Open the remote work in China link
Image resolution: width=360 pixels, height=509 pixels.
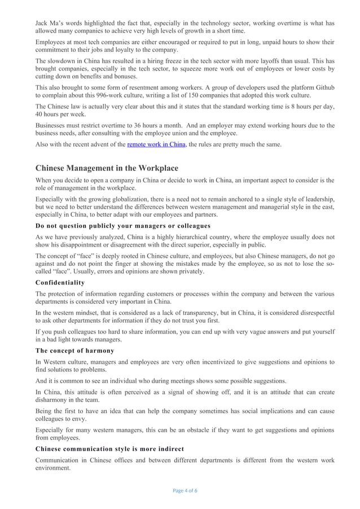[156, 144]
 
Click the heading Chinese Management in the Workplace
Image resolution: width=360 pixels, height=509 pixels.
[107, 168]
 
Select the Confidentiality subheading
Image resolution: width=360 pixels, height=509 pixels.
[60, 282]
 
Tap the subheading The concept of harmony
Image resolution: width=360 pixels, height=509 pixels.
[74, 350]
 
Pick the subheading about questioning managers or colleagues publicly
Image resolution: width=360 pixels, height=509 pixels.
[122, 226]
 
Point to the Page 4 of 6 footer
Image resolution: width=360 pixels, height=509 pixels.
[181, 490]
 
